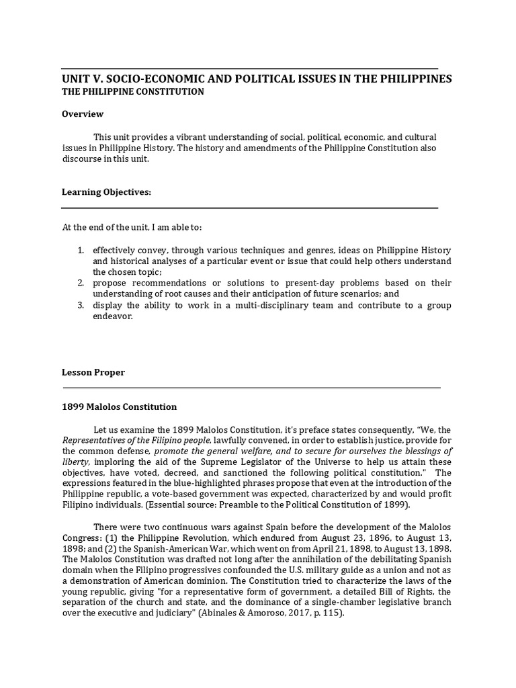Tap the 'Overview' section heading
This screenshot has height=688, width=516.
[x=83, y=114]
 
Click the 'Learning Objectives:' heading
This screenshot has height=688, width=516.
[x=106, y=192]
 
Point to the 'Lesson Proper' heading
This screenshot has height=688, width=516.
[x=93, y=372]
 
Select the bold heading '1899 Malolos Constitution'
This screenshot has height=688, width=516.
[x=119, y=406]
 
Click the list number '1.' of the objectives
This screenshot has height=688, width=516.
[x=80, y=250]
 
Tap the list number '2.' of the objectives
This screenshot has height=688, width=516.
[x=80, y=283]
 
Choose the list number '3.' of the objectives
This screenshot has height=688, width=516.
[x=80, y=305]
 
